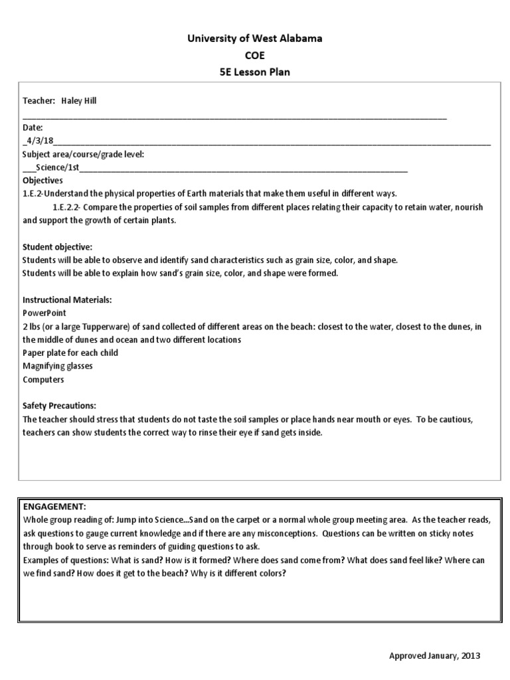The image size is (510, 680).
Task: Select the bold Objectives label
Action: click(42, 180)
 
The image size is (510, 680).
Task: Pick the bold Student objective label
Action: click(58, 247)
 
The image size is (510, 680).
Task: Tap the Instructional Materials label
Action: click(67, 300)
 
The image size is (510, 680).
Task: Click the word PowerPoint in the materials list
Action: click(44, 313)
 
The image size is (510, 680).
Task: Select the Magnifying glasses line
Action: click(58, 366)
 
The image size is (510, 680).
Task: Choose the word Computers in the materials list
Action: click(43, 379)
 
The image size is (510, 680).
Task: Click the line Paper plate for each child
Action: click(70, 353)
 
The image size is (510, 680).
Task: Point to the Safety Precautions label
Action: click(60, 406)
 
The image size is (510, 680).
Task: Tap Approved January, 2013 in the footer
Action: click(434, 655)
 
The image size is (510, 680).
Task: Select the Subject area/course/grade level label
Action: click(83, 154)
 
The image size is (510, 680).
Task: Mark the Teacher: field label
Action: click(38, 100)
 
